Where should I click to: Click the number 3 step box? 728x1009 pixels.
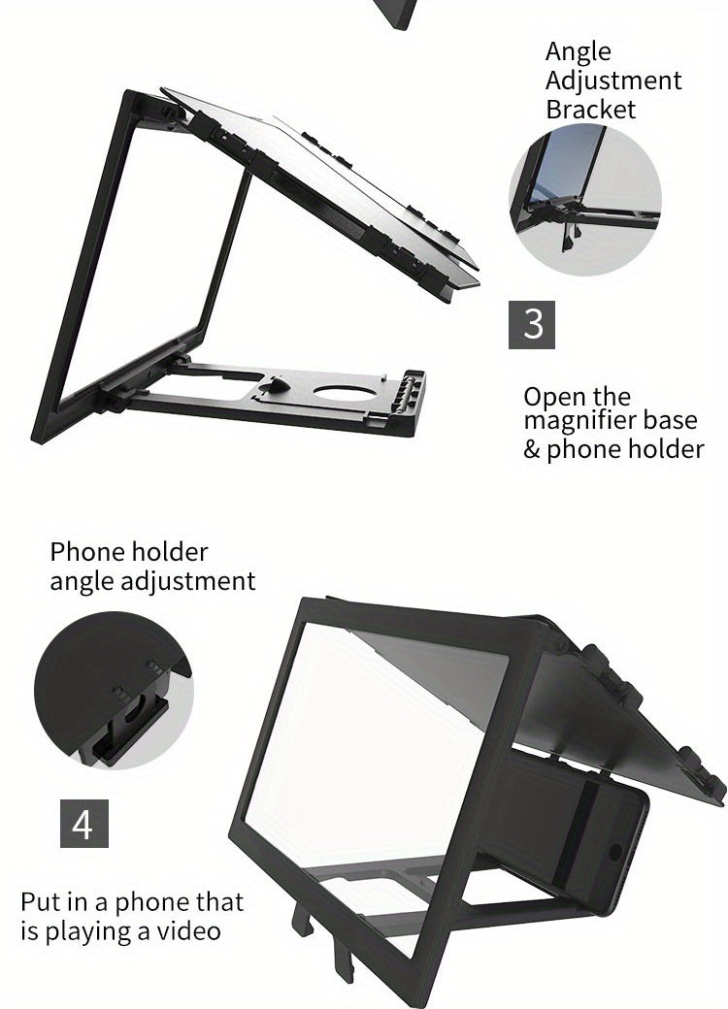pyautogui.click(x=532, y=324)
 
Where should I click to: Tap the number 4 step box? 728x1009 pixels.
pyautogui.click(x=83, y=824)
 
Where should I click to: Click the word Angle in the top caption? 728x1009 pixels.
pyautogui.click(x=578, y=52)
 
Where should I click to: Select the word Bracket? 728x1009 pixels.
pyautogui.click(x=590, y=109)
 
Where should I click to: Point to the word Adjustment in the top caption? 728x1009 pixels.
pyautogui.click(x=613, y=81)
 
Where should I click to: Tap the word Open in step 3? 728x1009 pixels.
pyautogui.click(x=554, y=397)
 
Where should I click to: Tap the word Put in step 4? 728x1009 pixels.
pyautogui.click(x=42, y=902)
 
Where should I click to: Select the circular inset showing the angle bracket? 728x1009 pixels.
pyautogui.click(x=585, y=199)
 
